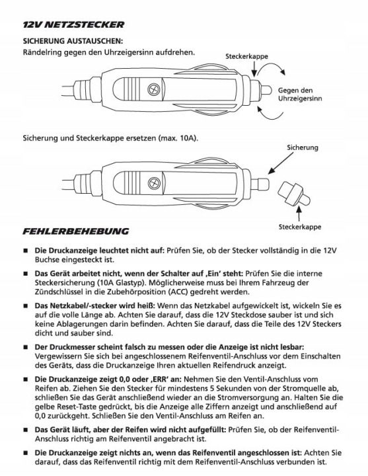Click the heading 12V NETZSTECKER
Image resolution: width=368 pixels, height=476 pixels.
[x=73, y=24]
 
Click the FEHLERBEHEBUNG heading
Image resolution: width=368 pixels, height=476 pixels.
[x=75, y=231]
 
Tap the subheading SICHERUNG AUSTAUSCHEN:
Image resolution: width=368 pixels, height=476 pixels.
[x=73, y=41]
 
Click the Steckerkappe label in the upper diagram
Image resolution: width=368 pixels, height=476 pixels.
[x=246, y=56]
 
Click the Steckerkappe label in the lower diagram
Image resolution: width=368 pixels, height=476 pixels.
[x=300, y=227]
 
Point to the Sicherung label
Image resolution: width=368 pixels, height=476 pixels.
[x=303, y=147]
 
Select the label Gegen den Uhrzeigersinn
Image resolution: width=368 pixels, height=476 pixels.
[x=300, y=95]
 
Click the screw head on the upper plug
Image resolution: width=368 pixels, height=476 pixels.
[x=153, y=89]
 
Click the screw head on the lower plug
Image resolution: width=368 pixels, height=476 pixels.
[x=154, y=182]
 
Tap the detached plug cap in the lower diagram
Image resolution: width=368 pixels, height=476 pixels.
[x=294, y=194]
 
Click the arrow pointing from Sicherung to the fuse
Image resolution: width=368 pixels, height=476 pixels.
[x=280, y=163]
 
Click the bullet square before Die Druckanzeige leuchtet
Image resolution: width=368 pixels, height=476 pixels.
[x=26, y=251]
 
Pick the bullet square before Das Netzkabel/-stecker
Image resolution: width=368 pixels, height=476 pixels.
[x=26, y=306]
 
